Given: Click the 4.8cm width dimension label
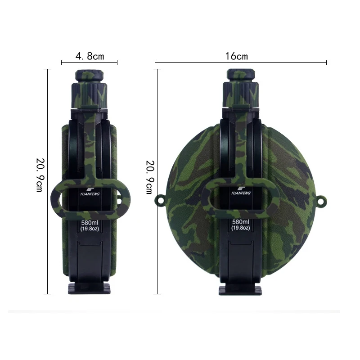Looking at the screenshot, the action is point(90,56).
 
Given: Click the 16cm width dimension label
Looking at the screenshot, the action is point(237,56).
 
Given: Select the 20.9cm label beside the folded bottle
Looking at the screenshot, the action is point(40,175).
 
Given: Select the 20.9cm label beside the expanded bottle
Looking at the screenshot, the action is point(150,177).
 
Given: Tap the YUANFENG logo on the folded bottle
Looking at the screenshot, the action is point(90,192).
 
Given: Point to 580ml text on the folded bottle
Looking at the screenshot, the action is point(90,223).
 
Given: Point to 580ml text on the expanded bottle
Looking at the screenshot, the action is point(241,222).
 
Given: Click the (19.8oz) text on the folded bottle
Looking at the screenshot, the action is point(90,229).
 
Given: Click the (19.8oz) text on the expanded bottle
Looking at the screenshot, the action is point(241,228).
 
